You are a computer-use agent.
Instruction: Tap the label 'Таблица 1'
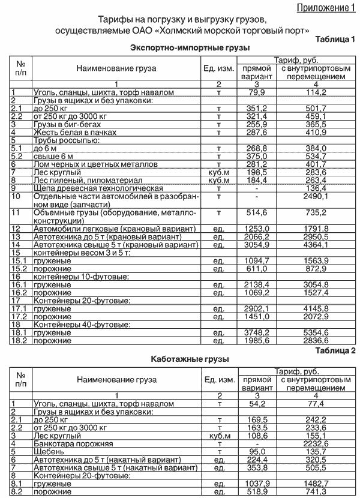click(335, 40)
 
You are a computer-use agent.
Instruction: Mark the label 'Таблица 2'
click(335, 350)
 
